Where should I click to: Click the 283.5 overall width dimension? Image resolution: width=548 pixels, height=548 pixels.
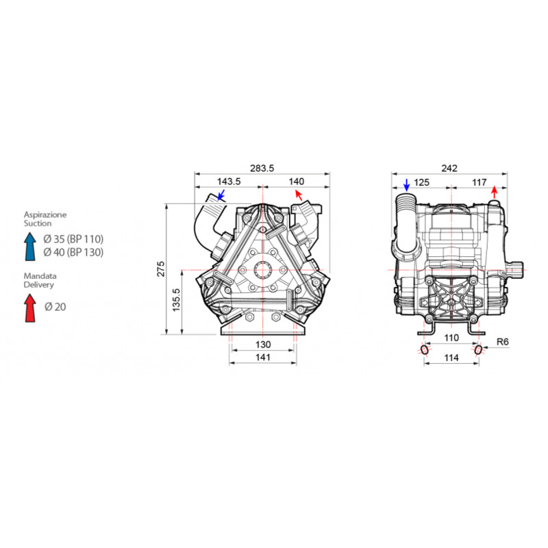pyautogui.click(x=262, y=168)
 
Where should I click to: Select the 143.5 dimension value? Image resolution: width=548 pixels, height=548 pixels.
pyautogui.click(x=229, y=182)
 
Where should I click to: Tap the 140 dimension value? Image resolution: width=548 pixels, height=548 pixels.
pyautogui.click(x=297, y=182)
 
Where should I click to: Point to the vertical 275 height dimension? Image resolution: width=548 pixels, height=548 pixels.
pyautogui.click(x=160, y=269)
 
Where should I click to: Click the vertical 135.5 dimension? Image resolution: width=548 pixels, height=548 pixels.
pyautogui.click(x=176, y=300)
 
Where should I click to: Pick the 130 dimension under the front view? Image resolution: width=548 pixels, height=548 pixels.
pyautogui.click(x=263, y=345)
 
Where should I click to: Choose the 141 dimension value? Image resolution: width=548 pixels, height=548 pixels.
pyautogui.click(x=263, y=357)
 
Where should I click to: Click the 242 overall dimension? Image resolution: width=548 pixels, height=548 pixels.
pyautogui.click(x=449, y=168)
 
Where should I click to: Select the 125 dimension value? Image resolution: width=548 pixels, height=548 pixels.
pyautogui.click(x=421, y=182)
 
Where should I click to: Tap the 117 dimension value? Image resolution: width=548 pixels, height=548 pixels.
pyautogui.click(x=479, y=182)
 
